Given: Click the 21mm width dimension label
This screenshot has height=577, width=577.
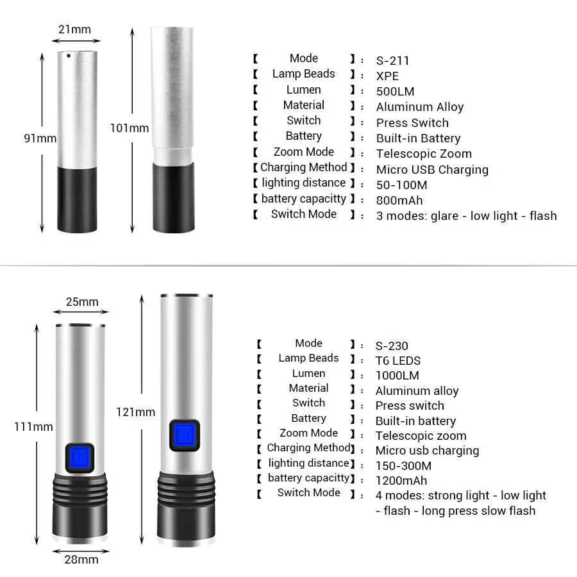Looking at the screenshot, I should (x=74, y=29).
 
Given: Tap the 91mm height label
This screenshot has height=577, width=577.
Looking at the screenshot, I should (x=40, y=138).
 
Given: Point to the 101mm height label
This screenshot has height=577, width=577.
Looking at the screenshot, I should (x=129, y=128).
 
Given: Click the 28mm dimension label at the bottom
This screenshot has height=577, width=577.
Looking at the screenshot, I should (x=81, y=560).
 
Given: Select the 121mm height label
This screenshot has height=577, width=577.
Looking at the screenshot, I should (x=135, y=412).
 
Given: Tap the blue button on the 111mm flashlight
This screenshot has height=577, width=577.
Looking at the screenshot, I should (x=79, y=458).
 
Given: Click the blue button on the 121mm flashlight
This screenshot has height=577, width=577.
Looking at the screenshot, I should (x=185, y=436).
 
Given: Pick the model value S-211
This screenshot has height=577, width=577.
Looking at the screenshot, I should (x=392, y=61).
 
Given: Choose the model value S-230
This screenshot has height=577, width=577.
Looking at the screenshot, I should (x=392, y=346).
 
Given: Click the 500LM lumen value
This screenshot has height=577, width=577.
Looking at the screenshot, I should (x=396, y=92).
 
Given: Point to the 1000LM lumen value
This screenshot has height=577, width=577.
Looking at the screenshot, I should (x=397, y=376).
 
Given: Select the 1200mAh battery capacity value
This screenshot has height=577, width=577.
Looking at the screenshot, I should (x=401, y=481).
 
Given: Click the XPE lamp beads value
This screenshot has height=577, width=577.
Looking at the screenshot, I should (x=387, y=76).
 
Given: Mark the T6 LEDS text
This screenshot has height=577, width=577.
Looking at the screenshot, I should (x=398, y=361).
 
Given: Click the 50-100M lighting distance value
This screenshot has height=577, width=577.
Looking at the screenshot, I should (x=401, y=185).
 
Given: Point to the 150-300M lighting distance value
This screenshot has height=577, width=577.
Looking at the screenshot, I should (x=403, y=466).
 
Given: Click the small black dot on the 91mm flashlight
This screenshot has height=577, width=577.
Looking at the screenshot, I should (x=68, y=56).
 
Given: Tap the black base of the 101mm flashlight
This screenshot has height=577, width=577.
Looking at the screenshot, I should (x=173, y=197).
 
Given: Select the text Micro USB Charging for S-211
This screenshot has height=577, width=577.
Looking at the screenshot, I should (x=432, y=170).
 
